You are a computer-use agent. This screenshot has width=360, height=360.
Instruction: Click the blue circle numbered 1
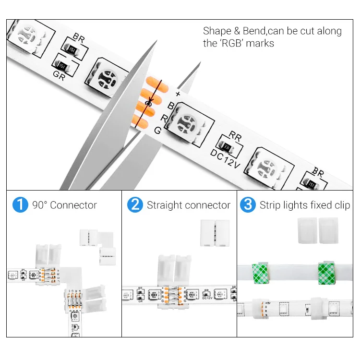pos(20,205)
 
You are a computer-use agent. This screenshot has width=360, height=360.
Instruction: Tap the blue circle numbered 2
pos(135,205)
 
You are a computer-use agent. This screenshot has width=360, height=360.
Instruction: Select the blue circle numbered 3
pos(248,205)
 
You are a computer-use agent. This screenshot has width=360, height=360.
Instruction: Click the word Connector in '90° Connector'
pos(73,205)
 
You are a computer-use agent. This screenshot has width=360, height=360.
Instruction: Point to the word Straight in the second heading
pos(164,205)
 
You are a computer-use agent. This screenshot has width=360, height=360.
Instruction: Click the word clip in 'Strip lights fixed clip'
pos(343,205)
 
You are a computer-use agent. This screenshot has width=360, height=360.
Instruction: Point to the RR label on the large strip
pos(235,136)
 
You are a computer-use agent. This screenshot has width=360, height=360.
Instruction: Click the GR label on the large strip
pos(59,75)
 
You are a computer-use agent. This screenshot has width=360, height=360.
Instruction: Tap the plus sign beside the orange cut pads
pos(178,94)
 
